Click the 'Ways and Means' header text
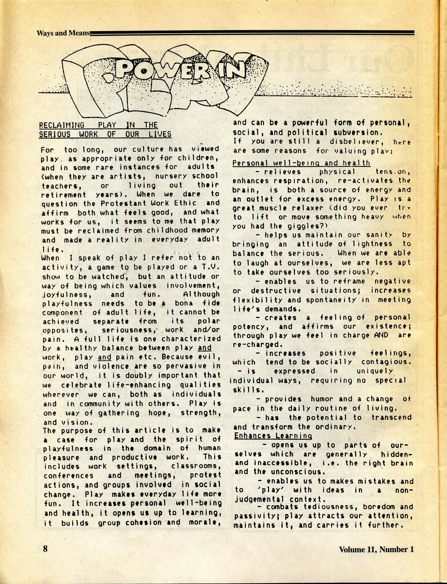[63, 33]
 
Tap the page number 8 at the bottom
[45, 549]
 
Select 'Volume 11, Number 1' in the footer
[376, 549]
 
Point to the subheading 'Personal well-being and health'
[301, 163]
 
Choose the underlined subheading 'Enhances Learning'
[273, 436]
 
